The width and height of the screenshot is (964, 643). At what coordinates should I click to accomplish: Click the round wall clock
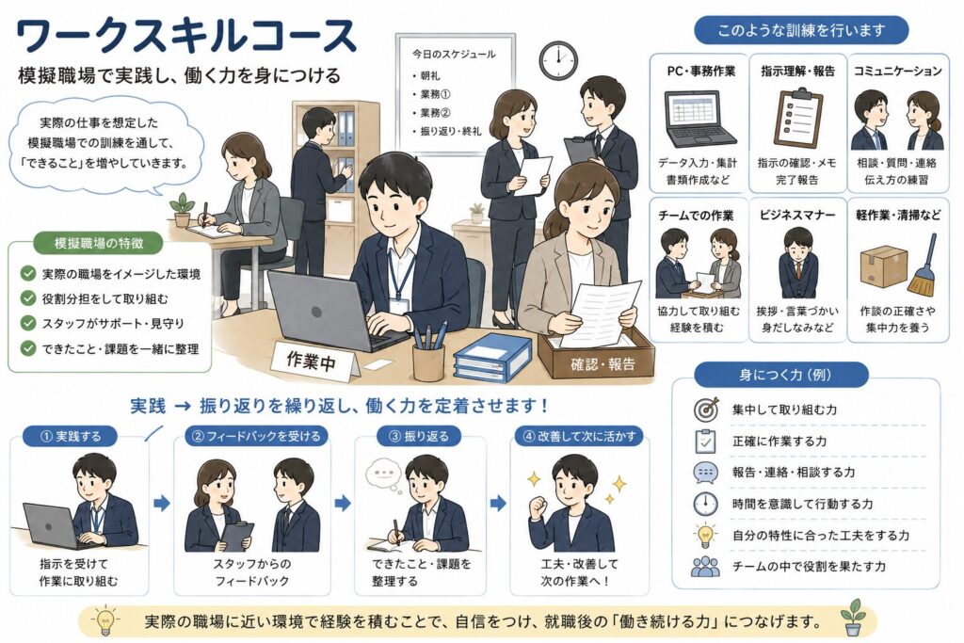click(x=558, y=60)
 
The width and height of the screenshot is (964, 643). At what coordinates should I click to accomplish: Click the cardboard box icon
click(x=884, y=265)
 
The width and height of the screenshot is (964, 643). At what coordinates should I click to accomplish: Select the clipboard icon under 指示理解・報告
click(x=797, y=117)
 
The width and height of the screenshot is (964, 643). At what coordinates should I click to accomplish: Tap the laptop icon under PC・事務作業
click(x=700, y=119)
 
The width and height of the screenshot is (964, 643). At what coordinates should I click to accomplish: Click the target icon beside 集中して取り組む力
click(x=706, y=409)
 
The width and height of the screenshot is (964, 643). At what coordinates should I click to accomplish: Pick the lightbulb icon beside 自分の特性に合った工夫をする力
click(x=705, y=536)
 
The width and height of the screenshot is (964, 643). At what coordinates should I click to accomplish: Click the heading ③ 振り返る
click(x=420, y=437)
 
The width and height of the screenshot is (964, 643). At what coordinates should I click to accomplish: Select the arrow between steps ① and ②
click(x=162, y=504)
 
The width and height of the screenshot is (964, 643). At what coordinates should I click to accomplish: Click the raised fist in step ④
click(x=538, y=506)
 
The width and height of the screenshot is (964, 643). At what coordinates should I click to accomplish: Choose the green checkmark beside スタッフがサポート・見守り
click(x=28, y=323)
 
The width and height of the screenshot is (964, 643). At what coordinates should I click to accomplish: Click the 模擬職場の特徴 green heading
click(x=99, y=243)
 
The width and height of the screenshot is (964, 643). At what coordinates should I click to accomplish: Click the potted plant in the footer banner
click(x=853, y=618)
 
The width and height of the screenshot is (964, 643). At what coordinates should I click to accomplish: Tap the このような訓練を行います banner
click(x=801, y=30)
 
